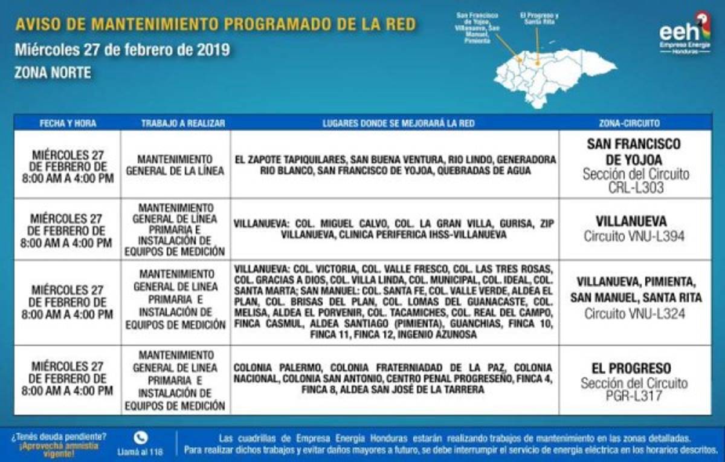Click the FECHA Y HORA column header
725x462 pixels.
click(x=68, y=123)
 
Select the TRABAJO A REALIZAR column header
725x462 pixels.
click(x=175, y=123)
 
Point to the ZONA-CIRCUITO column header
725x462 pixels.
click(x=635, y=123)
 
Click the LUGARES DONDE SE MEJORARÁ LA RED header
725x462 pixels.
click(x=394, y=123)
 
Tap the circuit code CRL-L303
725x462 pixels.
click(x=635, y=188)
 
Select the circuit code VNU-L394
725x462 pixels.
click(x=635, y=236)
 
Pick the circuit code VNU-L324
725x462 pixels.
click(x=635, y=314)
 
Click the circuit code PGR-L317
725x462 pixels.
click(x=635, y=397)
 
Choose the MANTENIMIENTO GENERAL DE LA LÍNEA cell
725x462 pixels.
click(x=175, y=164)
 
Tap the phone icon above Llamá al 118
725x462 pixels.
click(x=141, y=437)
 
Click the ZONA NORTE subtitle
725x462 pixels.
click(x=53, y=73)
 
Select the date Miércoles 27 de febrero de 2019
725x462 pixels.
click(x=122, y=50)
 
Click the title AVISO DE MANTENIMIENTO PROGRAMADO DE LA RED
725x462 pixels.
click(x=215, y=25)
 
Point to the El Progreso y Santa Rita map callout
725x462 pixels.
click(x=538, y=18)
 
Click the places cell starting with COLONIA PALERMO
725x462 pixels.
click(x=394, y=379)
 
